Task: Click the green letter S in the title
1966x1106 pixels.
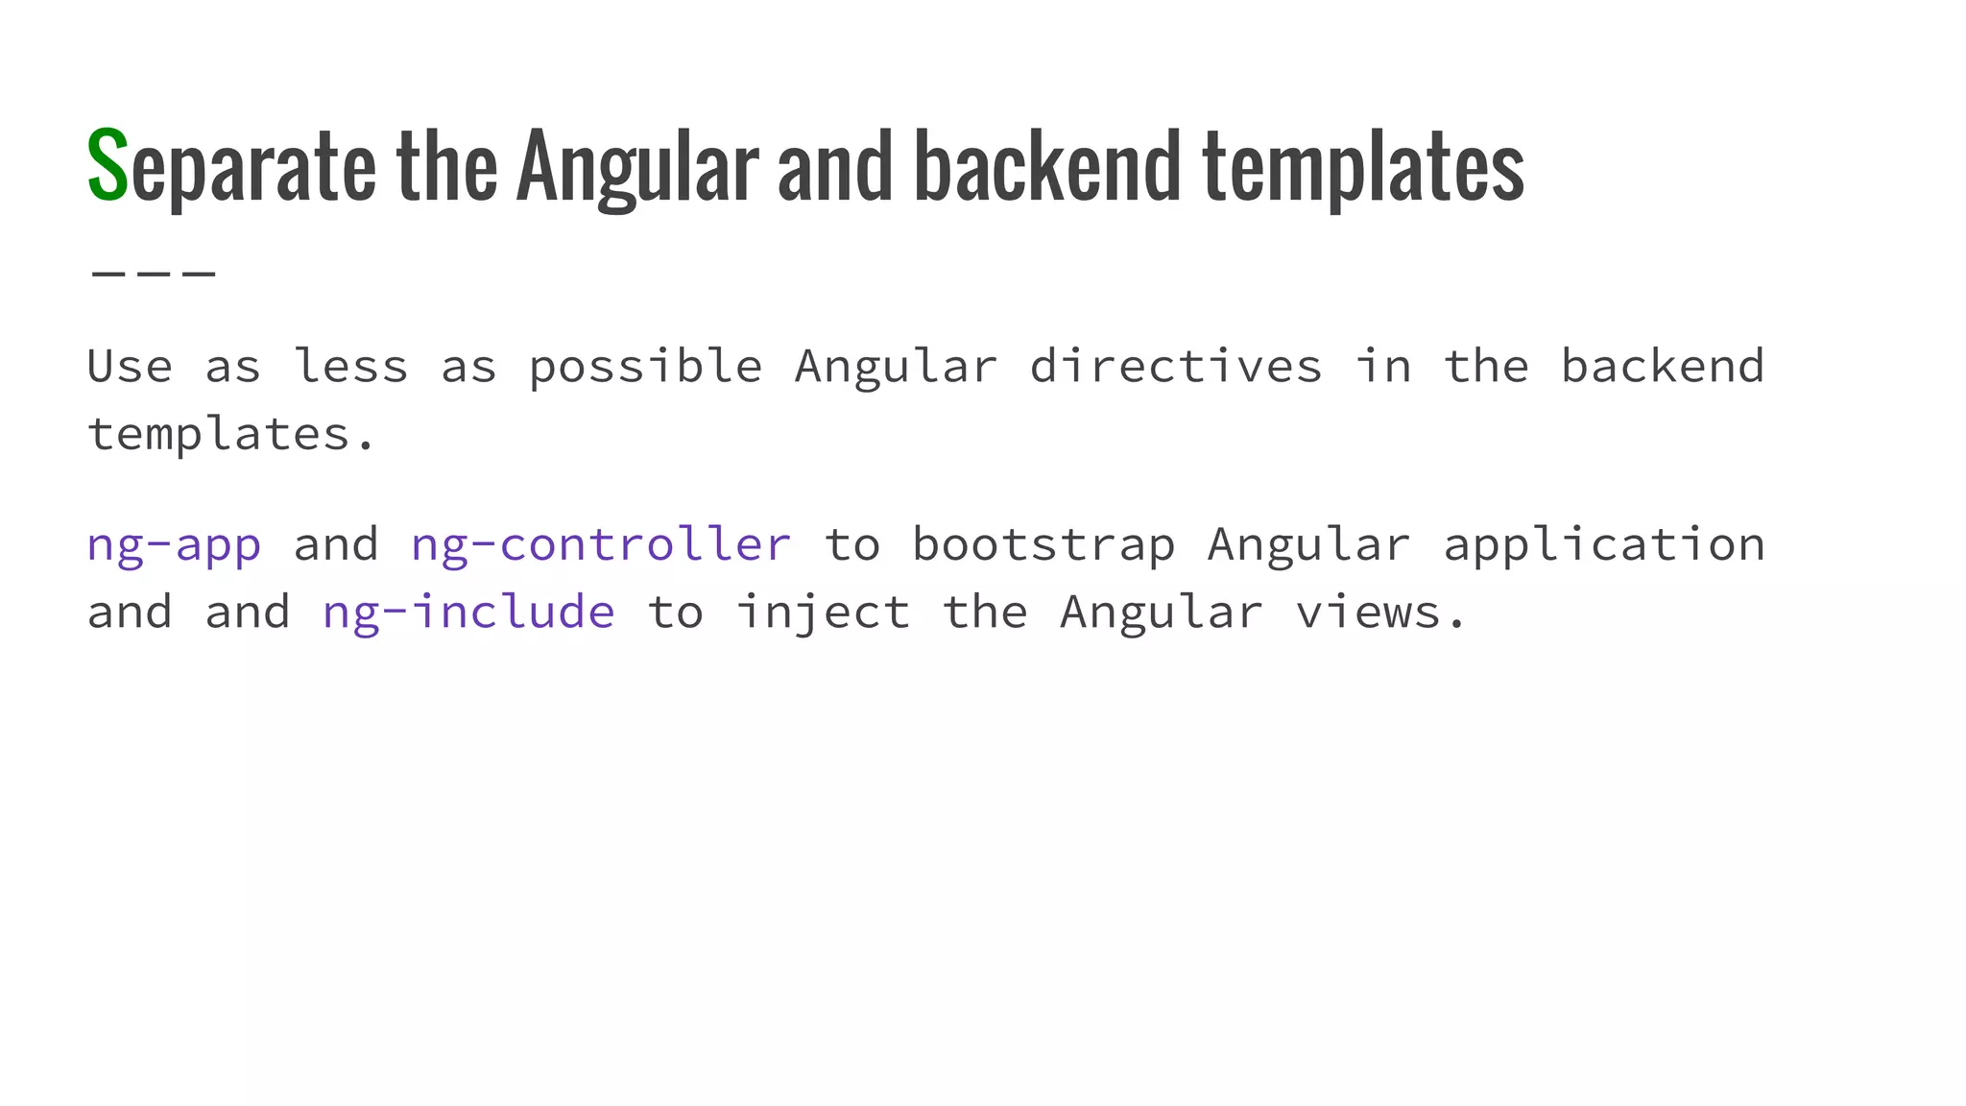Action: coord(108,165)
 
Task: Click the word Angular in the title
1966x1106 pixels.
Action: coord(636,168)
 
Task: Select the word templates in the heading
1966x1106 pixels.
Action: coord(1363,168)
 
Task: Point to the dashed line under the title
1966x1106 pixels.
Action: coord(154,274)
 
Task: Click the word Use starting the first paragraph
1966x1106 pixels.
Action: coord(130,367)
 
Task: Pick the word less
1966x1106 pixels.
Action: coord(350,367)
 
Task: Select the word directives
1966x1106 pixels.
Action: coord(1176,367)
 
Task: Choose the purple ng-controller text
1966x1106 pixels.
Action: coord(601,545)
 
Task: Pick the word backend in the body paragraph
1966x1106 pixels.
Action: coord(1663,367)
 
